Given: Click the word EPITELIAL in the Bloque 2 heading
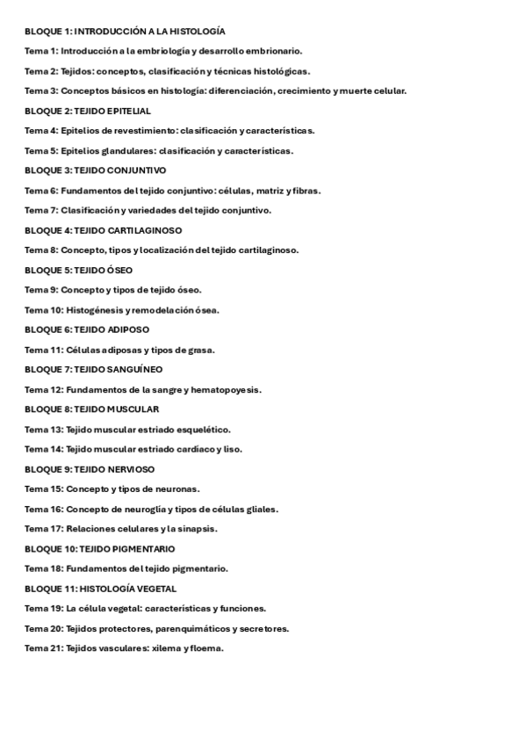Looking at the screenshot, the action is point(128,112).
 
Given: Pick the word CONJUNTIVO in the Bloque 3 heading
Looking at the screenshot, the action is point(136,170).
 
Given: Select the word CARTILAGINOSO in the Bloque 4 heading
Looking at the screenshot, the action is point(144,230).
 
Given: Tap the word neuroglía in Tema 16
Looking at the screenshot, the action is point(142,509).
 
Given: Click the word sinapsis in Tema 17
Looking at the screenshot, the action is point(198,529).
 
